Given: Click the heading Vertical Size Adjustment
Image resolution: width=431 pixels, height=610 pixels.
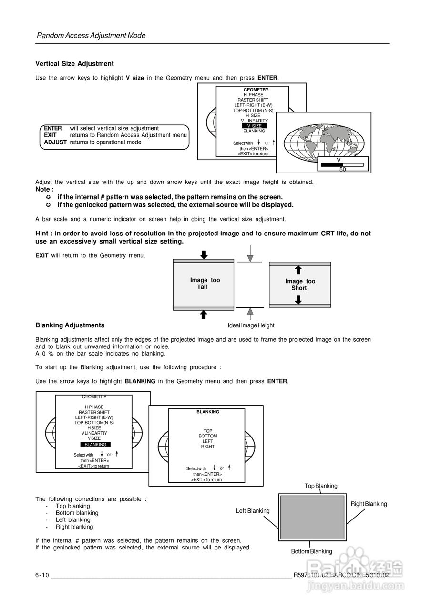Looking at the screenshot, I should point(74,64).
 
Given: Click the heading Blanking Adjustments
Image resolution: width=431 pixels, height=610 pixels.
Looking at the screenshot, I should point(70,325).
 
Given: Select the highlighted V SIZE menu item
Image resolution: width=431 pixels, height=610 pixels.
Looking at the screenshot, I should point(254,126).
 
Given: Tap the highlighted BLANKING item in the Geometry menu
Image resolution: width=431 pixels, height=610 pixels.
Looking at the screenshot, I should point(95,444).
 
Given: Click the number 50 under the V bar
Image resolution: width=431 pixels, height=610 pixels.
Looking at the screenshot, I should point(342,169).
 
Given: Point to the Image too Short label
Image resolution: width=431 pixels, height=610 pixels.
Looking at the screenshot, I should point(300,285).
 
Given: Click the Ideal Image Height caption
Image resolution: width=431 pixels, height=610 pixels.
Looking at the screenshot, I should point(251,325).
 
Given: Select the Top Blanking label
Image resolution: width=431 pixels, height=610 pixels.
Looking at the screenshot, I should point(321,486).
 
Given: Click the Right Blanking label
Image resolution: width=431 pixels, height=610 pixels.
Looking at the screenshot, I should point(369,504).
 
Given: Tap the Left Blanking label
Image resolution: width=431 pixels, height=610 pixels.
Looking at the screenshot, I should point(253,511).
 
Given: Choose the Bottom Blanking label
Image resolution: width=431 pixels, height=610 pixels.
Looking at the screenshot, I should point(311,551).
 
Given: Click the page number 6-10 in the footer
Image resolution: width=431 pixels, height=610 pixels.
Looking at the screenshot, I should point(42,575).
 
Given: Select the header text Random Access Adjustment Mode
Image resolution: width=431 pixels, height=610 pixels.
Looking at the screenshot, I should point(91,36).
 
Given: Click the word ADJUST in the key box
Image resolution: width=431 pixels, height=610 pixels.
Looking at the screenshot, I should point(55,142).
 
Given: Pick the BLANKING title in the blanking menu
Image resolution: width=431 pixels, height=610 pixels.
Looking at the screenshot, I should point(208,412).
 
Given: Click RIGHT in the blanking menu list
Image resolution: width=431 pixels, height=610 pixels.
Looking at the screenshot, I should point(208,447).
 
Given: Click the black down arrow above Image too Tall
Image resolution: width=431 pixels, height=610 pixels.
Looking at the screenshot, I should point(204,254).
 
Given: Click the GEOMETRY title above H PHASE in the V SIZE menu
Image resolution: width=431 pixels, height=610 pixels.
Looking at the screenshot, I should point(256,90).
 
